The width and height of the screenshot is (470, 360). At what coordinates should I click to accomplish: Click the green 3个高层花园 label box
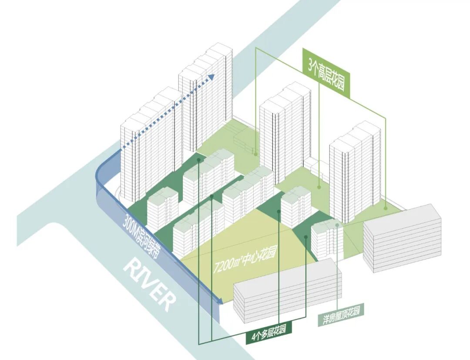(x=326, y=73)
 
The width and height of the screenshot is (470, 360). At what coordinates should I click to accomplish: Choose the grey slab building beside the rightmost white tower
(x=403, y=239)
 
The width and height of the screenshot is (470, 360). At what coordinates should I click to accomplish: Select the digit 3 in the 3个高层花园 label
(x=310, y=65)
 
